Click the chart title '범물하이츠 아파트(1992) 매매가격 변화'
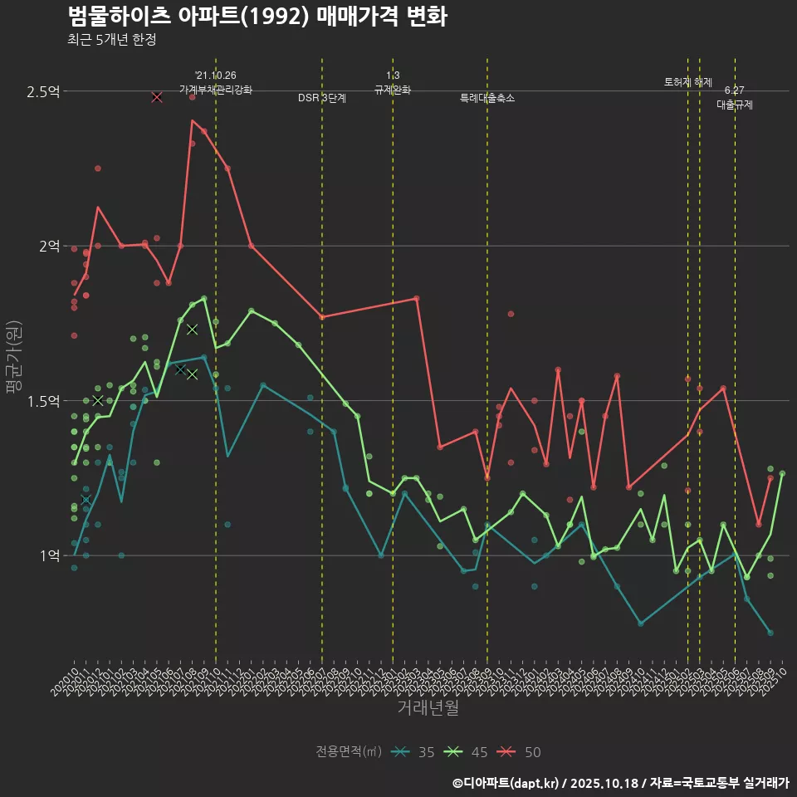(257, 17)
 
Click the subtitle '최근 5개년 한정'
(111, 39)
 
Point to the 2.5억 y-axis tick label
(43, 91)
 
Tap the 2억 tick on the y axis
(48, 246)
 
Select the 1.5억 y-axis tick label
(43, 401)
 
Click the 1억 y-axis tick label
(48, 555)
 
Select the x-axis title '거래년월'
(428, 707)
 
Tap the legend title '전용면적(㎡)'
(348, 752)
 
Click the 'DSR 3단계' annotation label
(322, 98)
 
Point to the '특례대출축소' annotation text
(487, 98)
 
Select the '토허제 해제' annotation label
(688, 82)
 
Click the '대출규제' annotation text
(735, 105)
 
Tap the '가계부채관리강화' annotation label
(216, 90)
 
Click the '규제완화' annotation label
(393, 90)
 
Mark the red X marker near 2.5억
(157, 97)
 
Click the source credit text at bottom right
(620, 782)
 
